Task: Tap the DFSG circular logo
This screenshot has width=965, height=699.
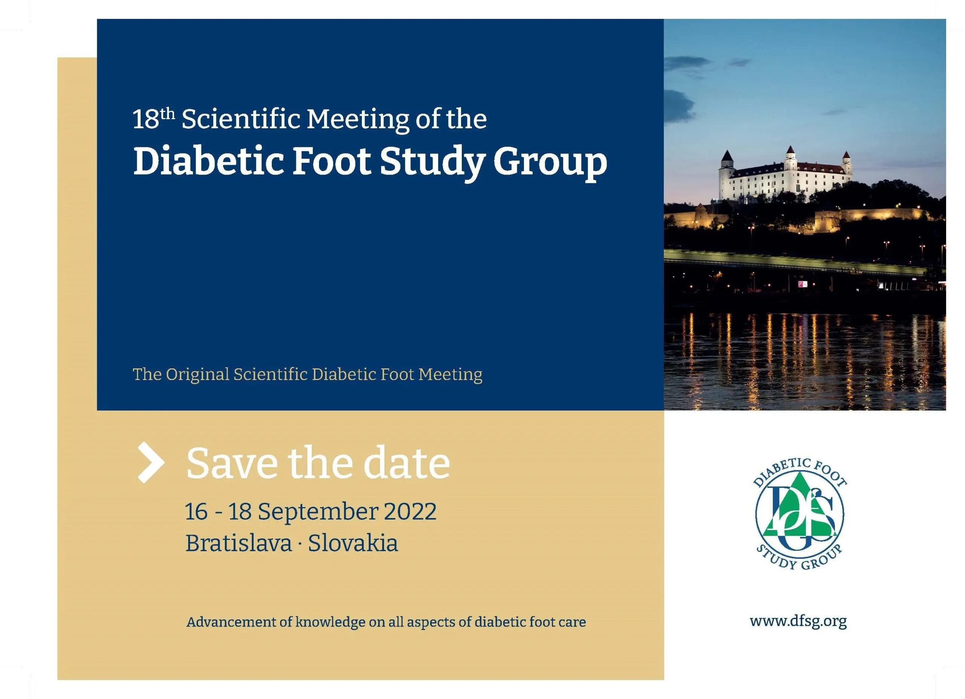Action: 800,514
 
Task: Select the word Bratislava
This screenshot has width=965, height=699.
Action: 239,543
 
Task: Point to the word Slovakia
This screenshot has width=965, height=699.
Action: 353,543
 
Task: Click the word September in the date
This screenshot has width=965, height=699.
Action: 317,512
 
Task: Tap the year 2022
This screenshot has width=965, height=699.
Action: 410,511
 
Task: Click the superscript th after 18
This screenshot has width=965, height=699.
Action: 168,114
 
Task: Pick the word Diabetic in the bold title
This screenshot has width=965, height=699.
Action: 208,162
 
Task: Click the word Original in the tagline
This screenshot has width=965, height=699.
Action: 198,375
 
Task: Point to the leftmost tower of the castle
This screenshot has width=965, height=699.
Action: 726,175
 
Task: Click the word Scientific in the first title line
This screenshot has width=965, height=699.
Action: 241,119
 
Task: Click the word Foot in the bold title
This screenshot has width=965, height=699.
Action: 332,162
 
